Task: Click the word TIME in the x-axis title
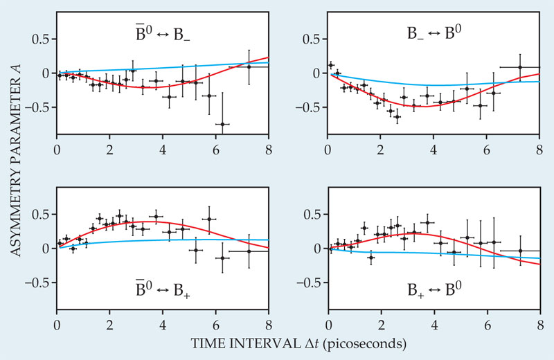[209, 342]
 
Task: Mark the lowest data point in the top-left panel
[222, 124]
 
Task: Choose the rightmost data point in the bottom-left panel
[249, 251]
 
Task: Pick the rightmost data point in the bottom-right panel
[520, 251]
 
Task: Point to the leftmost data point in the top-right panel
[331, 64]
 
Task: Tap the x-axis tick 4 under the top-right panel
[434, 149]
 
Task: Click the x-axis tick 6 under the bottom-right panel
[487, 323]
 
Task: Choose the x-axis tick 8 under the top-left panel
[269, 149]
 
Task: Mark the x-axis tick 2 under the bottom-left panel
[109, 323]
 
